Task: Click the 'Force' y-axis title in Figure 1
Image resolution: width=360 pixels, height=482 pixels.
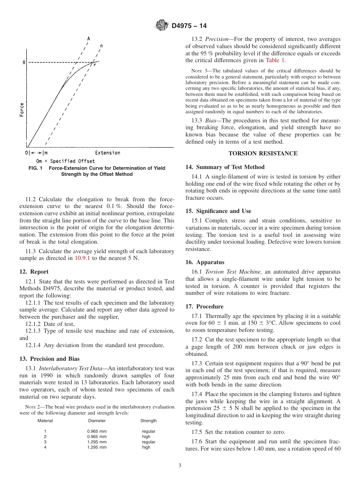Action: pos(22,110)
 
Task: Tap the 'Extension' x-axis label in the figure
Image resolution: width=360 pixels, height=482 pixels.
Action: pos(108,153)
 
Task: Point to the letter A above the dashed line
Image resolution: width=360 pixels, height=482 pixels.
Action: pos(89,39)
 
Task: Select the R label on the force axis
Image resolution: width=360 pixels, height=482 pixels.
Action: pos(24,63)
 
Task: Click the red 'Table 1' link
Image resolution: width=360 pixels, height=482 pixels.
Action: pos(275,60)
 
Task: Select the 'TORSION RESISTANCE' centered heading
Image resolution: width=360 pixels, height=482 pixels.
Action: pos(263,153)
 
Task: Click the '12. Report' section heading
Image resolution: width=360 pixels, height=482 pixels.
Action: pos(34,272)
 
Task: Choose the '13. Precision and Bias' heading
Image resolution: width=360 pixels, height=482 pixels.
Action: pos(49,359)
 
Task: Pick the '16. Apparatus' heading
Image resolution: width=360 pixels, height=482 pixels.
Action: pos(205,262)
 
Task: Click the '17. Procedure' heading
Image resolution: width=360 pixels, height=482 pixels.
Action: pos(204,307)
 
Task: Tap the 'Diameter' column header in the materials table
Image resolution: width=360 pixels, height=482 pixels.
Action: pos(97,421)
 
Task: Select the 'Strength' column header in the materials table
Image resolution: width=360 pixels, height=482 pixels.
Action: pos(149,421)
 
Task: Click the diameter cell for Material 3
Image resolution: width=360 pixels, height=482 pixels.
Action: pos(97,442)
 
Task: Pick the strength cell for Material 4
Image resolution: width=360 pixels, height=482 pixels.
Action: pos(146,447)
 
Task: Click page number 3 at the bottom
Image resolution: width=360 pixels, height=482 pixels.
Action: pos(180,466)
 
